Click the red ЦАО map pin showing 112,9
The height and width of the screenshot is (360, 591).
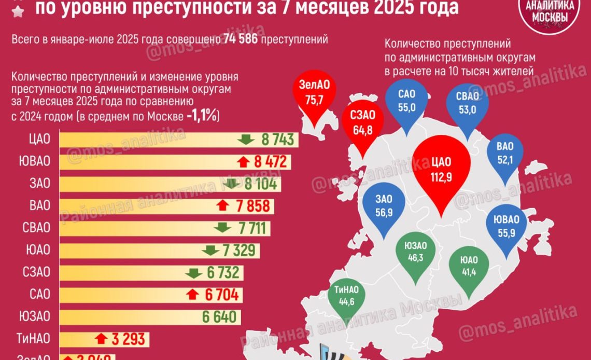(441, 171)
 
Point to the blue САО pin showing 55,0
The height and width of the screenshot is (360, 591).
(407, 101)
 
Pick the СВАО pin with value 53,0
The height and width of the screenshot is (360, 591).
(468, 102)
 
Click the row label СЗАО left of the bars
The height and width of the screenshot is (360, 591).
(37, 272)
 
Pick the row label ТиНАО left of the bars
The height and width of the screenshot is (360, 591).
(33, 338)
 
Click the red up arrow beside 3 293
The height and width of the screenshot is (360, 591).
(102, 339)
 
